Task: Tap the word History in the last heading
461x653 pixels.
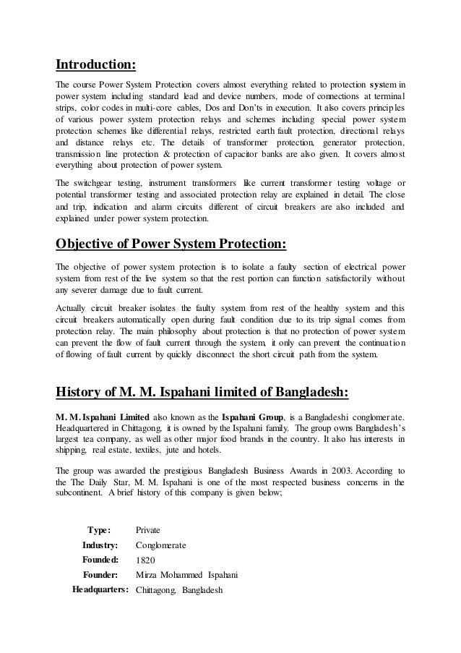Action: click(79, 392)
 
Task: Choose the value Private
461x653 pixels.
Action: click(148, 530)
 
